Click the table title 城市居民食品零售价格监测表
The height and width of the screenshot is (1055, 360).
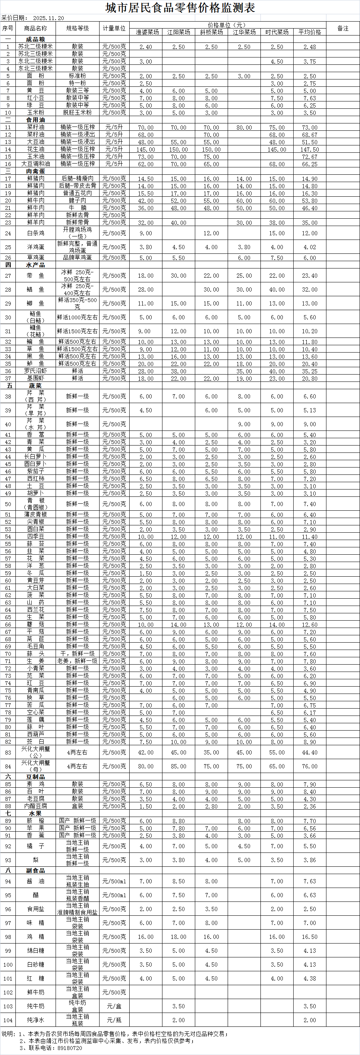pos(180,7)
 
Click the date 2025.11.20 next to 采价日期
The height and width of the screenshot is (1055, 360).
pos(48,19)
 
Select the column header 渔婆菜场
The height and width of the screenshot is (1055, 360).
pos(146,32)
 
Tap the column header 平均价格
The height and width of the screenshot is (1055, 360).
pos(309,32)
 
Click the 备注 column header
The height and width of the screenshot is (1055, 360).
pos(343,28)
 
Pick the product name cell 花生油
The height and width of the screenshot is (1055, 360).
pos(35,149)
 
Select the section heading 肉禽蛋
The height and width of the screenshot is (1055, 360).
pos(35,171)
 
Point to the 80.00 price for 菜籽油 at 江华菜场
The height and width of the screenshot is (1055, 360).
pos(244,127)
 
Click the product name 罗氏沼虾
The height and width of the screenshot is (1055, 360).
pos(35,371)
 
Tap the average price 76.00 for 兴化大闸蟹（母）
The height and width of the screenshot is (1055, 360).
pos(309,766)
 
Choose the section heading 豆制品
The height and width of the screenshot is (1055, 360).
pos(35,776)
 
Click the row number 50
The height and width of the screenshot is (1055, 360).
pos(8,504)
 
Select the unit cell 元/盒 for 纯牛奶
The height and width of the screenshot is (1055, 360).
pos(114,1006)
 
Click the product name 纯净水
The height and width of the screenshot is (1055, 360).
pos(35,1020)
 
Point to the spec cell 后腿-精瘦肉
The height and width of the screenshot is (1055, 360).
pos(78,179)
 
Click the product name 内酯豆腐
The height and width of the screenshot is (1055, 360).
pos(35,806)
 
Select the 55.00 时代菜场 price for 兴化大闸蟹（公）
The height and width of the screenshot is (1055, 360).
pos(277,752)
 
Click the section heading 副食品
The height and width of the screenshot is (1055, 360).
pos(35,870)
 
